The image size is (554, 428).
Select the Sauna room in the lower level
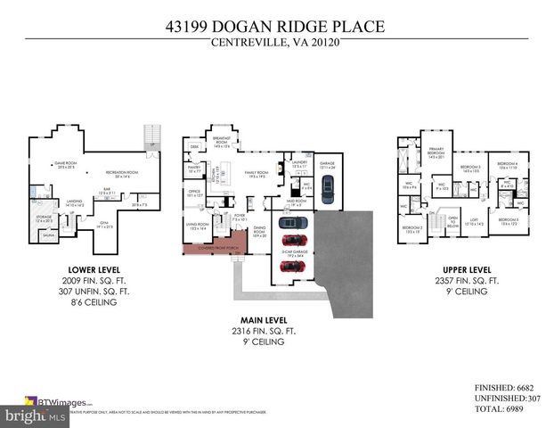51,236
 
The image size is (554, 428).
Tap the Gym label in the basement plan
106,226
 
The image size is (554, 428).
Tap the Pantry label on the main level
195,169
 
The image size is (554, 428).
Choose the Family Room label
257,175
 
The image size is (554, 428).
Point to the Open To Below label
453,221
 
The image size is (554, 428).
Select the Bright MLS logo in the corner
24,416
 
